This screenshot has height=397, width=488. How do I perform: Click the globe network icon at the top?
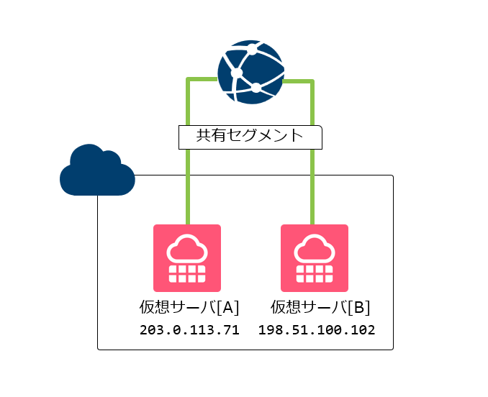(x=250, y=71)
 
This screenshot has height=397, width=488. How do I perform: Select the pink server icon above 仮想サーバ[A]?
(x=187, y=257)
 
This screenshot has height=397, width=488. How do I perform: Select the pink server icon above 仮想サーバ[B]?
(x=314, y=257)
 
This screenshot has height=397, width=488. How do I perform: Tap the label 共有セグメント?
(x=250, y=136)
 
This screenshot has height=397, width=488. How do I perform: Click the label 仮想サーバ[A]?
(x=189, y=307)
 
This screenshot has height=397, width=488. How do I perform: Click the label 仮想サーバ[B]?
(x=320, y=307)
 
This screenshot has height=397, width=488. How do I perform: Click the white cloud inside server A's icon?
(x=187, y=248)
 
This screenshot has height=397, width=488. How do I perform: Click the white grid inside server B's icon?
(x=314, y=273)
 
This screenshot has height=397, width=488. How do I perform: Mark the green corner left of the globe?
(x=188, y=78)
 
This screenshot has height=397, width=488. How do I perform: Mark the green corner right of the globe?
(x=312, y=81)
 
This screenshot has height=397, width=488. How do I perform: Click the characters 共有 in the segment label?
(x=209, y=136)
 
